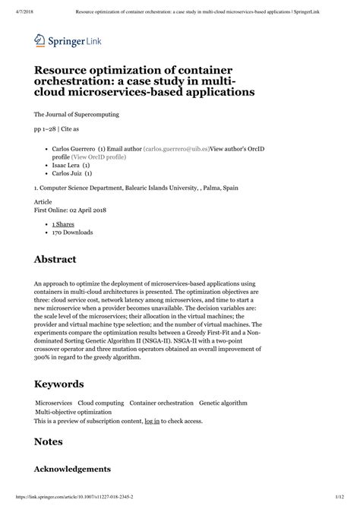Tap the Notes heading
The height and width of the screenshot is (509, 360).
click(x=49, y=441)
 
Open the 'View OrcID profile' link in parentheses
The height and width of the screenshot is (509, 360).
click(x=103, y=156)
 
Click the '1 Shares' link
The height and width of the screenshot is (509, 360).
click(x=63, y=225)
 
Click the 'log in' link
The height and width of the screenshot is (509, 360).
click(x=152, y=420)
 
